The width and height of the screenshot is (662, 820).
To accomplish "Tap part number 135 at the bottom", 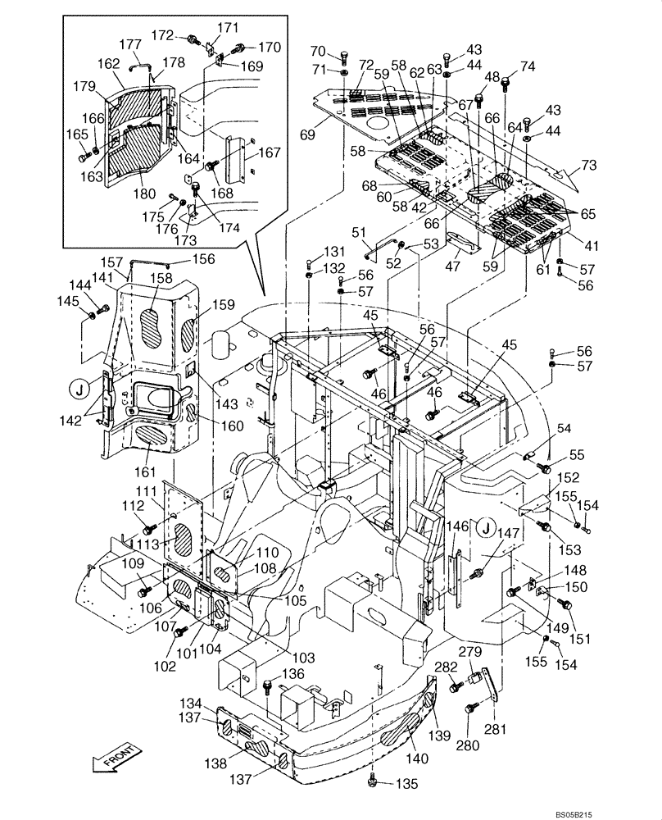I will (x=406, y=784).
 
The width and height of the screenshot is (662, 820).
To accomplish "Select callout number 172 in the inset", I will (x=162, y=36).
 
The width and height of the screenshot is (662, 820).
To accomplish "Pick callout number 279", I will (x=469, y=652).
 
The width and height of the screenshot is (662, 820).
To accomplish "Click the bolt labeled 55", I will (x=542, y=467).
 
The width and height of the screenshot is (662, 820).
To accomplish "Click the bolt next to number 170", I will (x=243, y=47).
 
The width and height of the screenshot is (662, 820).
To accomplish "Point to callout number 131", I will (x=334, y=252).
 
